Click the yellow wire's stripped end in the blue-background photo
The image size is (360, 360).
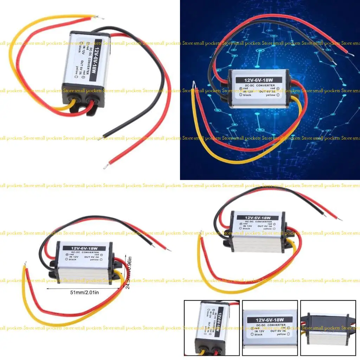[x=194, y=84]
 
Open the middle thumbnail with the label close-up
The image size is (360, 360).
[x=270, y=328]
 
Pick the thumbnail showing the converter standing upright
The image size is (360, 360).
[x=212, y=328]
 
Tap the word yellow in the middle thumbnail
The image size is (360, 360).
[x=281, y=334]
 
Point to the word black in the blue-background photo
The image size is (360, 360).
[x=247, y=95]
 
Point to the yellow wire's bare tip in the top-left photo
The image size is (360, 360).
[x=102, y=18]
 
